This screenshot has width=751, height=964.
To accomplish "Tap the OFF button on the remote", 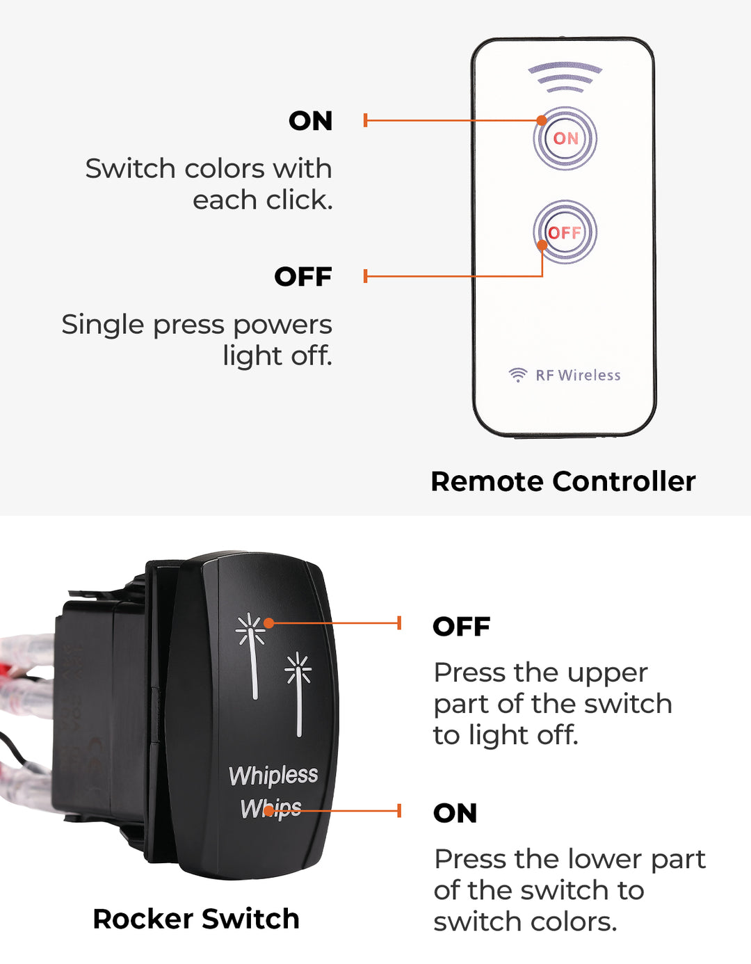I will click(x=565, y=232).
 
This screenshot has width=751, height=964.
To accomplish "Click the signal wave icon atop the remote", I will click(x=565, y=77).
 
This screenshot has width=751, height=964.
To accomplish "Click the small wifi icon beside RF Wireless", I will click(x=517, y=375).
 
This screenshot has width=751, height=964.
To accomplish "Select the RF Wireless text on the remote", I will click(x=578, y=375).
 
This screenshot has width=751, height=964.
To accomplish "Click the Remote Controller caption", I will click(x=563, y=481).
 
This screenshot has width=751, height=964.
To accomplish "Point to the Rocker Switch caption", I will click(x=196, y=919).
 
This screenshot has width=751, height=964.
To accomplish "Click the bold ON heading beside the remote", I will click(x=311, y=121).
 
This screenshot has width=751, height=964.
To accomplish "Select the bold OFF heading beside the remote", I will click(x=303, y=277).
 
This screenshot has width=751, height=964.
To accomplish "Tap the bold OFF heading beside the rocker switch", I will click(x=462, y=627).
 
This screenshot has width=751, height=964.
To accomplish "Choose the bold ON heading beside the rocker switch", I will click(x=455, y=813).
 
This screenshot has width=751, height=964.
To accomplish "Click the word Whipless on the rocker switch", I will click(x=273, y=775).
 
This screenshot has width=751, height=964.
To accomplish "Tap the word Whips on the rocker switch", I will click(x=270, y=808).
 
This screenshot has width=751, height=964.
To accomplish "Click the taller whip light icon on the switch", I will click(x=251, y=654).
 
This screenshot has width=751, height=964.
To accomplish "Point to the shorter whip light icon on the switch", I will click(x=298, y=692).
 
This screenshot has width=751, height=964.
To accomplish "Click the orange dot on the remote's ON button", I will click(x=542, y=120).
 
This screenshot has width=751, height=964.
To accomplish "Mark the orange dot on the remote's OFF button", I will click(x=542, y=245).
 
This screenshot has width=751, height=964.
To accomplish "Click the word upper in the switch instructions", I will click(x=608, y=673).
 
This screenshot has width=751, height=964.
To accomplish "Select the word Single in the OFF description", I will click(x=103, y=325).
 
